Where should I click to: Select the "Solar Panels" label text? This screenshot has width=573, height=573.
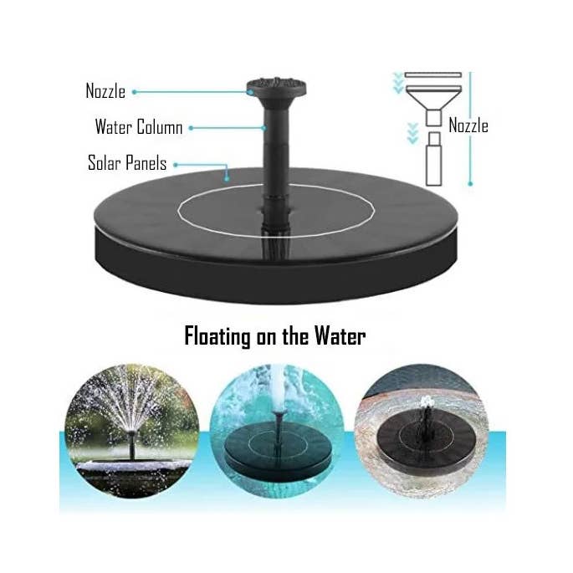(x=126, y=163)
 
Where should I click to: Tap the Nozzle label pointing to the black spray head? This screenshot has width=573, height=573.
(x=105, y=91)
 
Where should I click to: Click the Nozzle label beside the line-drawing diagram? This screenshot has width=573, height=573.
(x=468, y=126)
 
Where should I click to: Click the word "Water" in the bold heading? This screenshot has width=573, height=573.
(x=340, y=337)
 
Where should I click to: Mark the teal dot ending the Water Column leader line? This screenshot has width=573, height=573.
(x=191, y=128)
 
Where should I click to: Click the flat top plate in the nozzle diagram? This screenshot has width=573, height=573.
(x=432, y=75)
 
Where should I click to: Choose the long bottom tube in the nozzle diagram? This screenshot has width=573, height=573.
(x=432, y=164)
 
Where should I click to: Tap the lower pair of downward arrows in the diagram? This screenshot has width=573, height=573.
(x=410, y=132)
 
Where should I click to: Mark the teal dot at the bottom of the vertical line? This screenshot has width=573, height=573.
(x=471, y=183)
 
